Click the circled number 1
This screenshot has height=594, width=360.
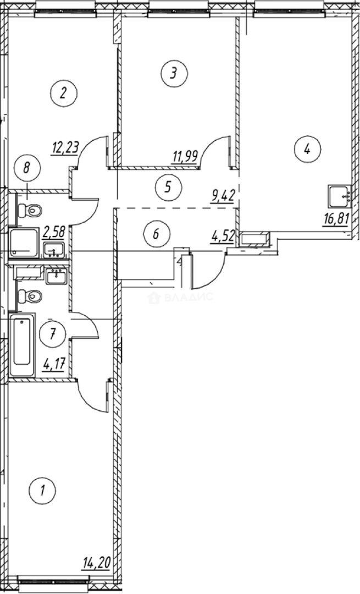(x=43, y=489)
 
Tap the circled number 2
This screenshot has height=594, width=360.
(x=63, y=92)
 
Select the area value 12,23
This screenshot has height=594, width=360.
(x=65, y=147)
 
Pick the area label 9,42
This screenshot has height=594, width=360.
(x=223, y=193)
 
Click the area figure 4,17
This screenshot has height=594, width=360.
(x=53, y=365)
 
